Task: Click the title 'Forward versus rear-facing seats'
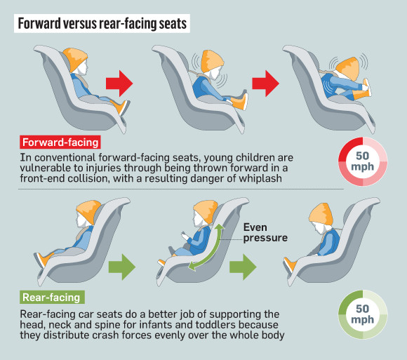pyautogui.click(x=102, y=23)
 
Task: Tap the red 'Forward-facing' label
pyautogui.click(x=60, y=142)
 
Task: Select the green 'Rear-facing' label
pyautogui.click(x=52, y=297)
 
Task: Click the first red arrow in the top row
pyautogui.click(x=119, y=84)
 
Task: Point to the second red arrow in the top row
pyautogui.click(x=266, y=84)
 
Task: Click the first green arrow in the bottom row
pyautogui.click(x=122, y=267)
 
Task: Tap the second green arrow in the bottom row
pyautogui.click(x=243, y=267)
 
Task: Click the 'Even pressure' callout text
pyautogui.click(x=265, y=232)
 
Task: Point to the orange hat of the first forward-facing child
pyautogui.click(x=74, y=59)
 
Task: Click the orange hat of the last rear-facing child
pyautogui.click(x=321, y=213)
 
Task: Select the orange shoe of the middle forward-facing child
pyautogui.click(x=240, y=102)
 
